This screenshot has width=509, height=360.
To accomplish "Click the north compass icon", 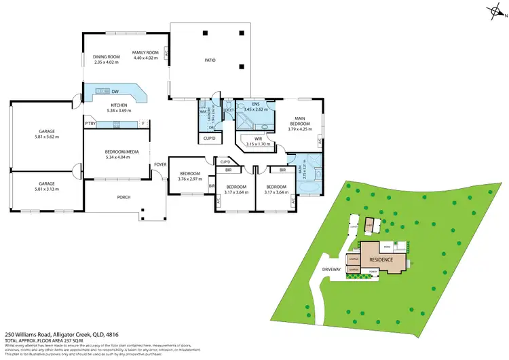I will (x=493, y=12).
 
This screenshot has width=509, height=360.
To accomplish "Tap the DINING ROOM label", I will (x=106, y=56).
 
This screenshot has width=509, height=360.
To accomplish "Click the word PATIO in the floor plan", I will (x=210, y=60).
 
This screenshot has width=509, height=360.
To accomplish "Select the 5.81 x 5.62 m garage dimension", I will (x=46, y=137).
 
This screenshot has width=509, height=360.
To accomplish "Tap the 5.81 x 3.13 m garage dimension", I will (x=46, y=189).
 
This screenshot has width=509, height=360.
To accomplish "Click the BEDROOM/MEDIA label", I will (x=122, y=152).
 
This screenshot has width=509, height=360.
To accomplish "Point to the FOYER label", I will (x=160, y=164).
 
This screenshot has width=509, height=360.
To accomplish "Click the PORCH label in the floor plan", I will (x=124, y=198).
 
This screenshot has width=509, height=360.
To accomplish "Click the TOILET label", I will (x=229, y=109).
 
